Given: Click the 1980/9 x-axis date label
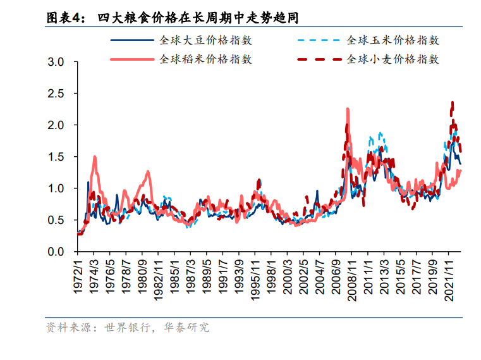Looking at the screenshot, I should [144, 274].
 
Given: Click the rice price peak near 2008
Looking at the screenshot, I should [348, 109].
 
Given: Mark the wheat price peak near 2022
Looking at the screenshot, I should [452, 102].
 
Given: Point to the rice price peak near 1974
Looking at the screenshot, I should [95, 156].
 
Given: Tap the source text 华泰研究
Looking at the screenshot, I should [188, 328].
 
